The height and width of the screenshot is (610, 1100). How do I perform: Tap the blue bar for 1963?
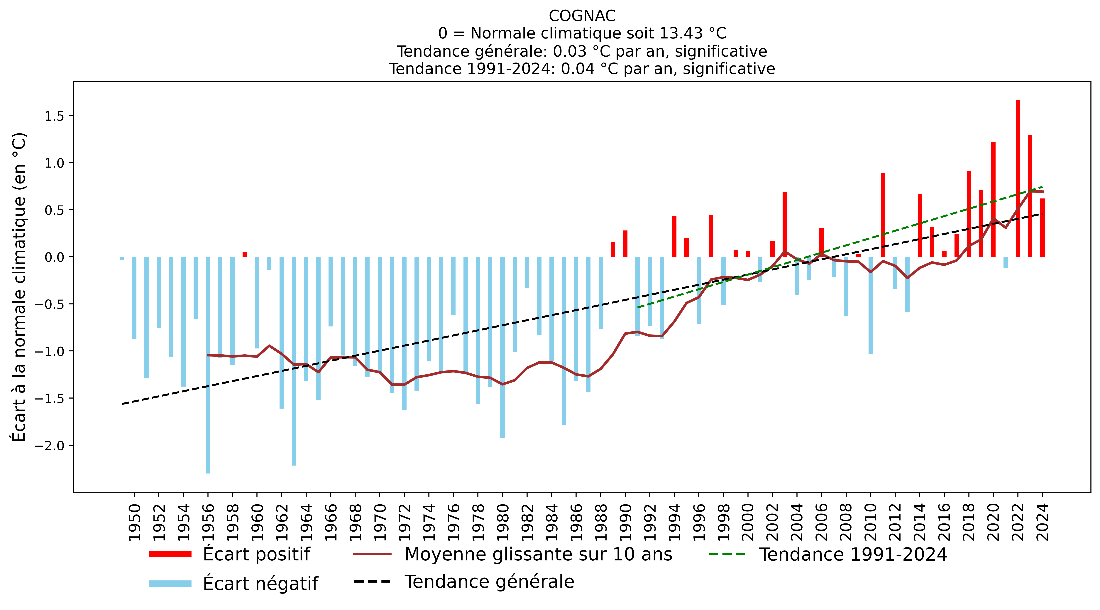(x=294, y=361)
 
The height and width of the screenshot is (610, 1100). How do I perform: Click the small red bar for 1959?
(x=245, y=254)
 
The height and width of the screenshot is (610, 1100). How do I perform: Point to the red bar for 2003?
(x=785, y=224)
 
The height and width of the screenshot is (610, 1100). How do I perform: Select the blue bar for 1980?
(x=503, y=347)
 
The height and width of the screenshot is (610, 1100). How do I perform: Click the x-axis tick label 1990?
(x=626, y=522)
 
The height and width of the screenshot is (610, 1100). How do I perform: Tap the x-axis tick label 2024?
(x=1043, y=522)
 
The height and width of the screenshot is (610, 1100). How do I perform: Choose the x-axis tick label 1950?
(x=135, y=522)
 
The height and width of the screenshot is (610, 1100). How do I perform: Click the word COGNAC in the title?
(x=582, y=16)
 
